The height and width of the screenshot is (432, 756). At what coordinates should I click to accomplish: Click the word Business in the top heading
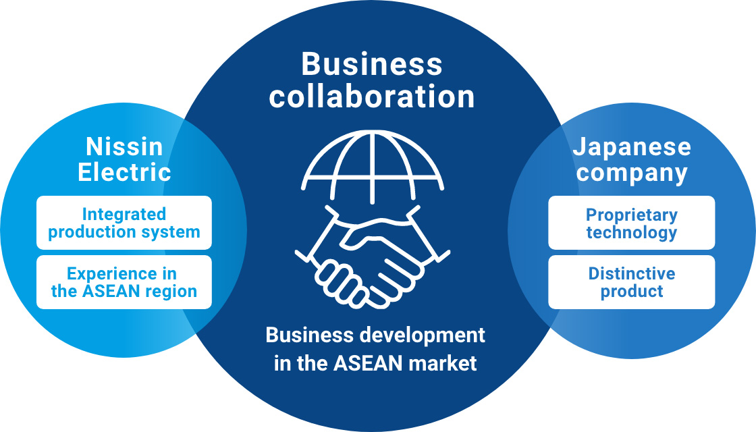(372, 65)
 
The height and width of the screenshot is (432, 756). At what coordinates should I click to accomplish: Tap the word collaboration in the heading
(372, 97)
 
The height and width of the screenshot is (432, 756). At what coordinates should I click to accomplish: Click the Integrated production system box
(124, 223)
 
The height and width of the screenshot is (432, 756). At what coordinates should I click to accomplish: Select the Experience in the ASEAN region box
(124, 282)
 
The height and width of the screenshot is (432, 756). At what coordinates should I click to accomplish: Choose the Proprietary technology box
(631, 223)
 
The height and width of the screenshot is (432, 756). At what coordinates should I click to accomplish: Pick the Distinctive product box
(631, 282)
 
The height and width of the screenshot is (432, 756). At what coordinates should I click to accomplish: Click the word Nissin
(124, 146)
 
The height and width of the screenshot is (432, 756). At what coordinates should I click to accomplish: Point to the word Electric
(124, 172)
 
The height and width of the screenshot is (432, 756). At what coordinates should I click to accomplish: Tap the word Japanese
(632, 148)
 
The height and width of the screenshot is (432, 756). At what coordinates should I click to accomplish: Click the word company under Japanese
(632, 173)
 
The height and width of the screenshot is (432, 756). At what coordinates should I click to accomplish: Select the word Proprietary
(631, 215)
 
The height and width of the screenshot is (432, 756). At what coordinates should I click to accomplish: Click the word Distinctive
(631, 274)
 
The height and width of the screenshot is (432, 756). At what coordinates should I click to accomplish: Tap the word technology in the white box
(631, 233)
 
